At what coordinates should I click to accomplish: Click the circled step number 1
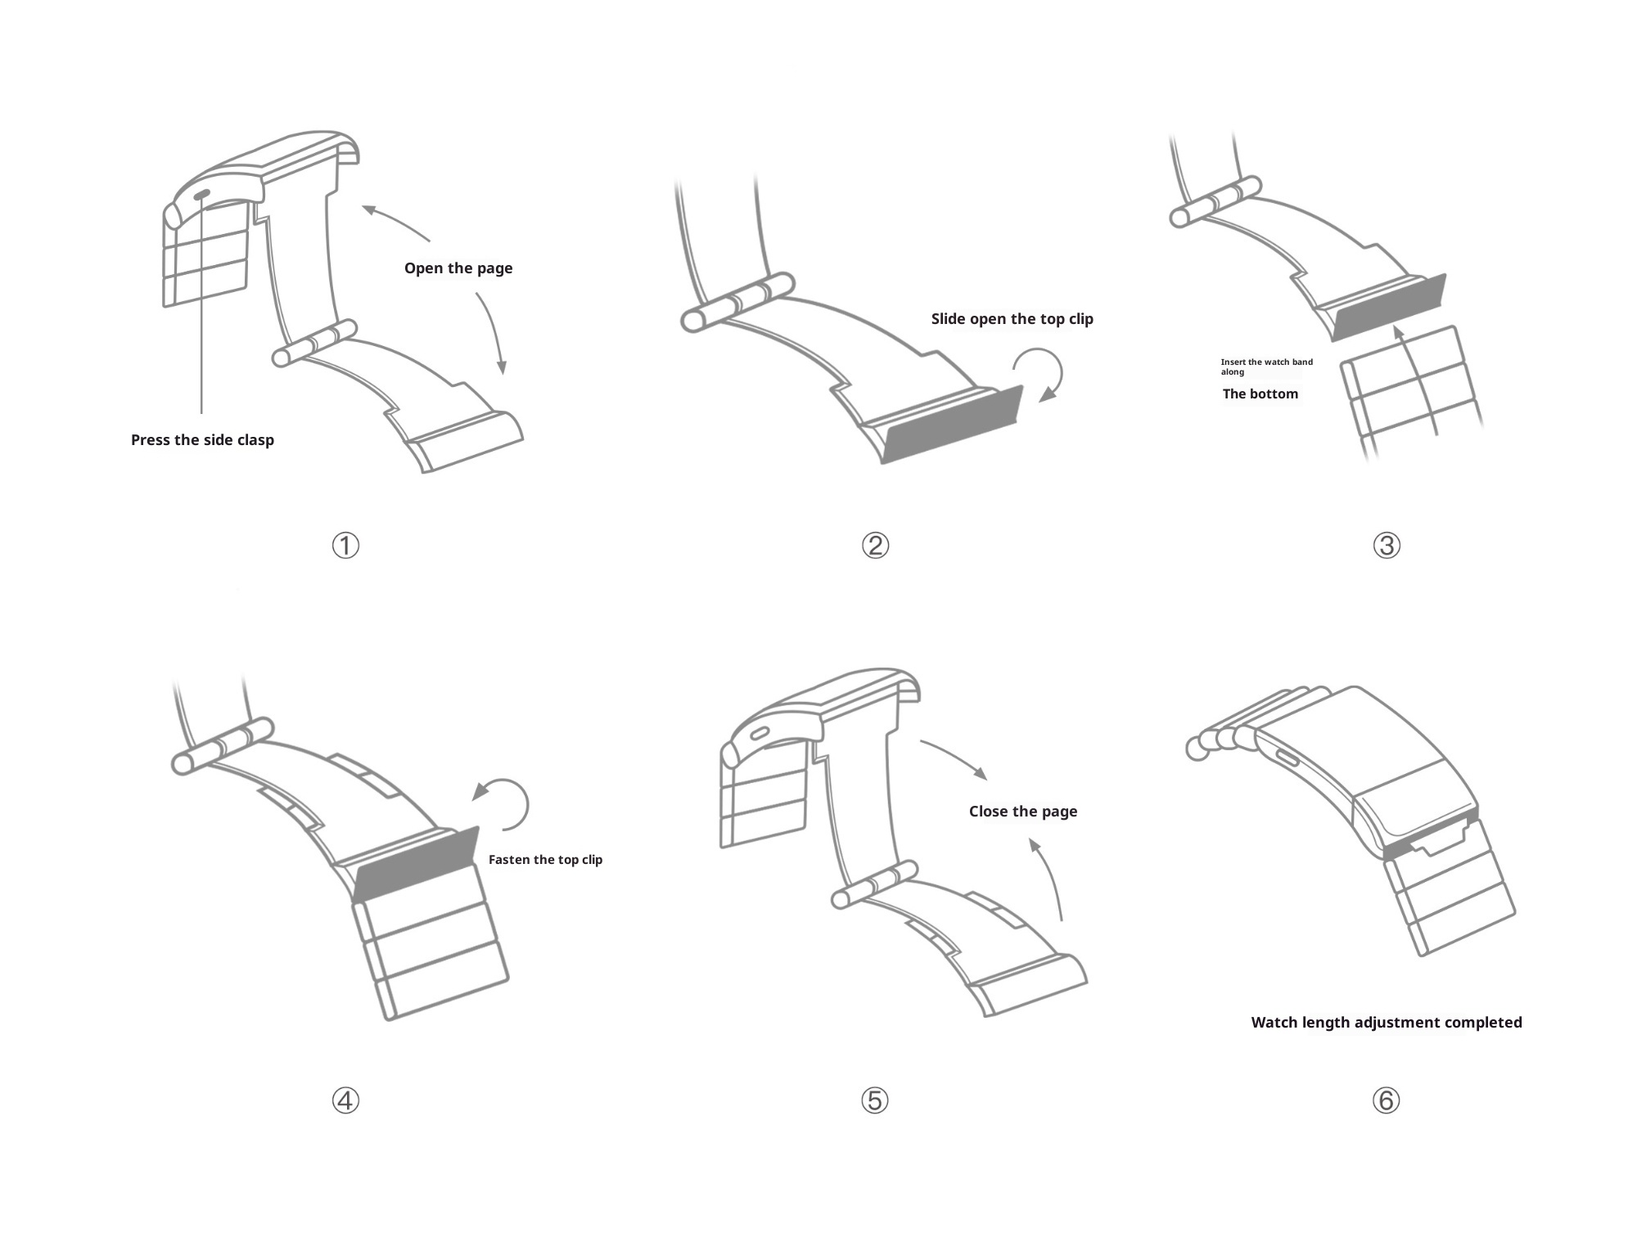click(345, 546)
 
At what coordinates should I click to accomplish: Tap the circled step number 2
click(875, 546)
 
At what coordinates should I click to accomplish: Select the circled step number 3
click(1387, 546)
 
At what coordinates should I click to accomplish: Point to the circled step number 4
click(345, 1100)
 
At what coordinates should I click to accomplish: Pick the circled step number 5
click(875, 1100)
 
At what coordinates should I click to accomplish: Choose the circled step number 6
click(1387, 1100)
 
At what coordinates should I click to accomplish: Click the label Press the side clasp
click(202, 440)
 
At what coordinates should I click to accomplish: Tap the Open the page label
click(458, 268)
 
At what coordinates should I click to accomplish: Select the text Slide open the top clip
click(1012, 319)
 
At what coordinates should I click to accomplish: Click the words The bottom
click(1260, 394)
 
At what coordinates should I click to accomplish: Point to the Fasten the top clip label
click(545, 860)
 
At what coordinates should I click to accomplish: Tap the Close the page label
click(1023, 812)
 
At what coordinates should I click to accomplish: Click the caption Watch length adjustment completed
click(1387, 1023)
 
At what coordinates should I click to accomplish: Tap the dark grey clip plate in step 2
click(954, 425)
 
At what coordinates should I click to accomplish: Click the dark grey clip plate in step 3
click(1388, 308)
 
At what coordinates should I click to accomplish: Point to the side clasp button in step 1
click(201, 195)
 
